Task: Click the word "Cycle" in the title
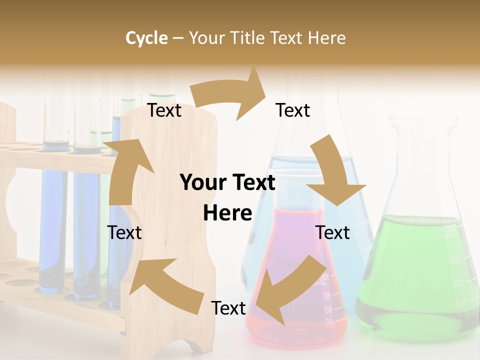point(146,38)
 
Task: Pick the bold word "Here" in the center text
point(227,213)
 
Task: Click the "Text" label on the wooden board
point(164,110)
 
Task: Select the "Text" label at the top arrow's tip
point(293,110)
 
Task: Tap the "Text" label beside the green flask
point(333,232)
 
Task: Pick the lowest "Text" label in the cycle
point(228,308)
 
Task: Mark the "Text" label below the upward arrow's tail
point(124,232)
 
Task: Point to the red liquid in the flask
point(295,240)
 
